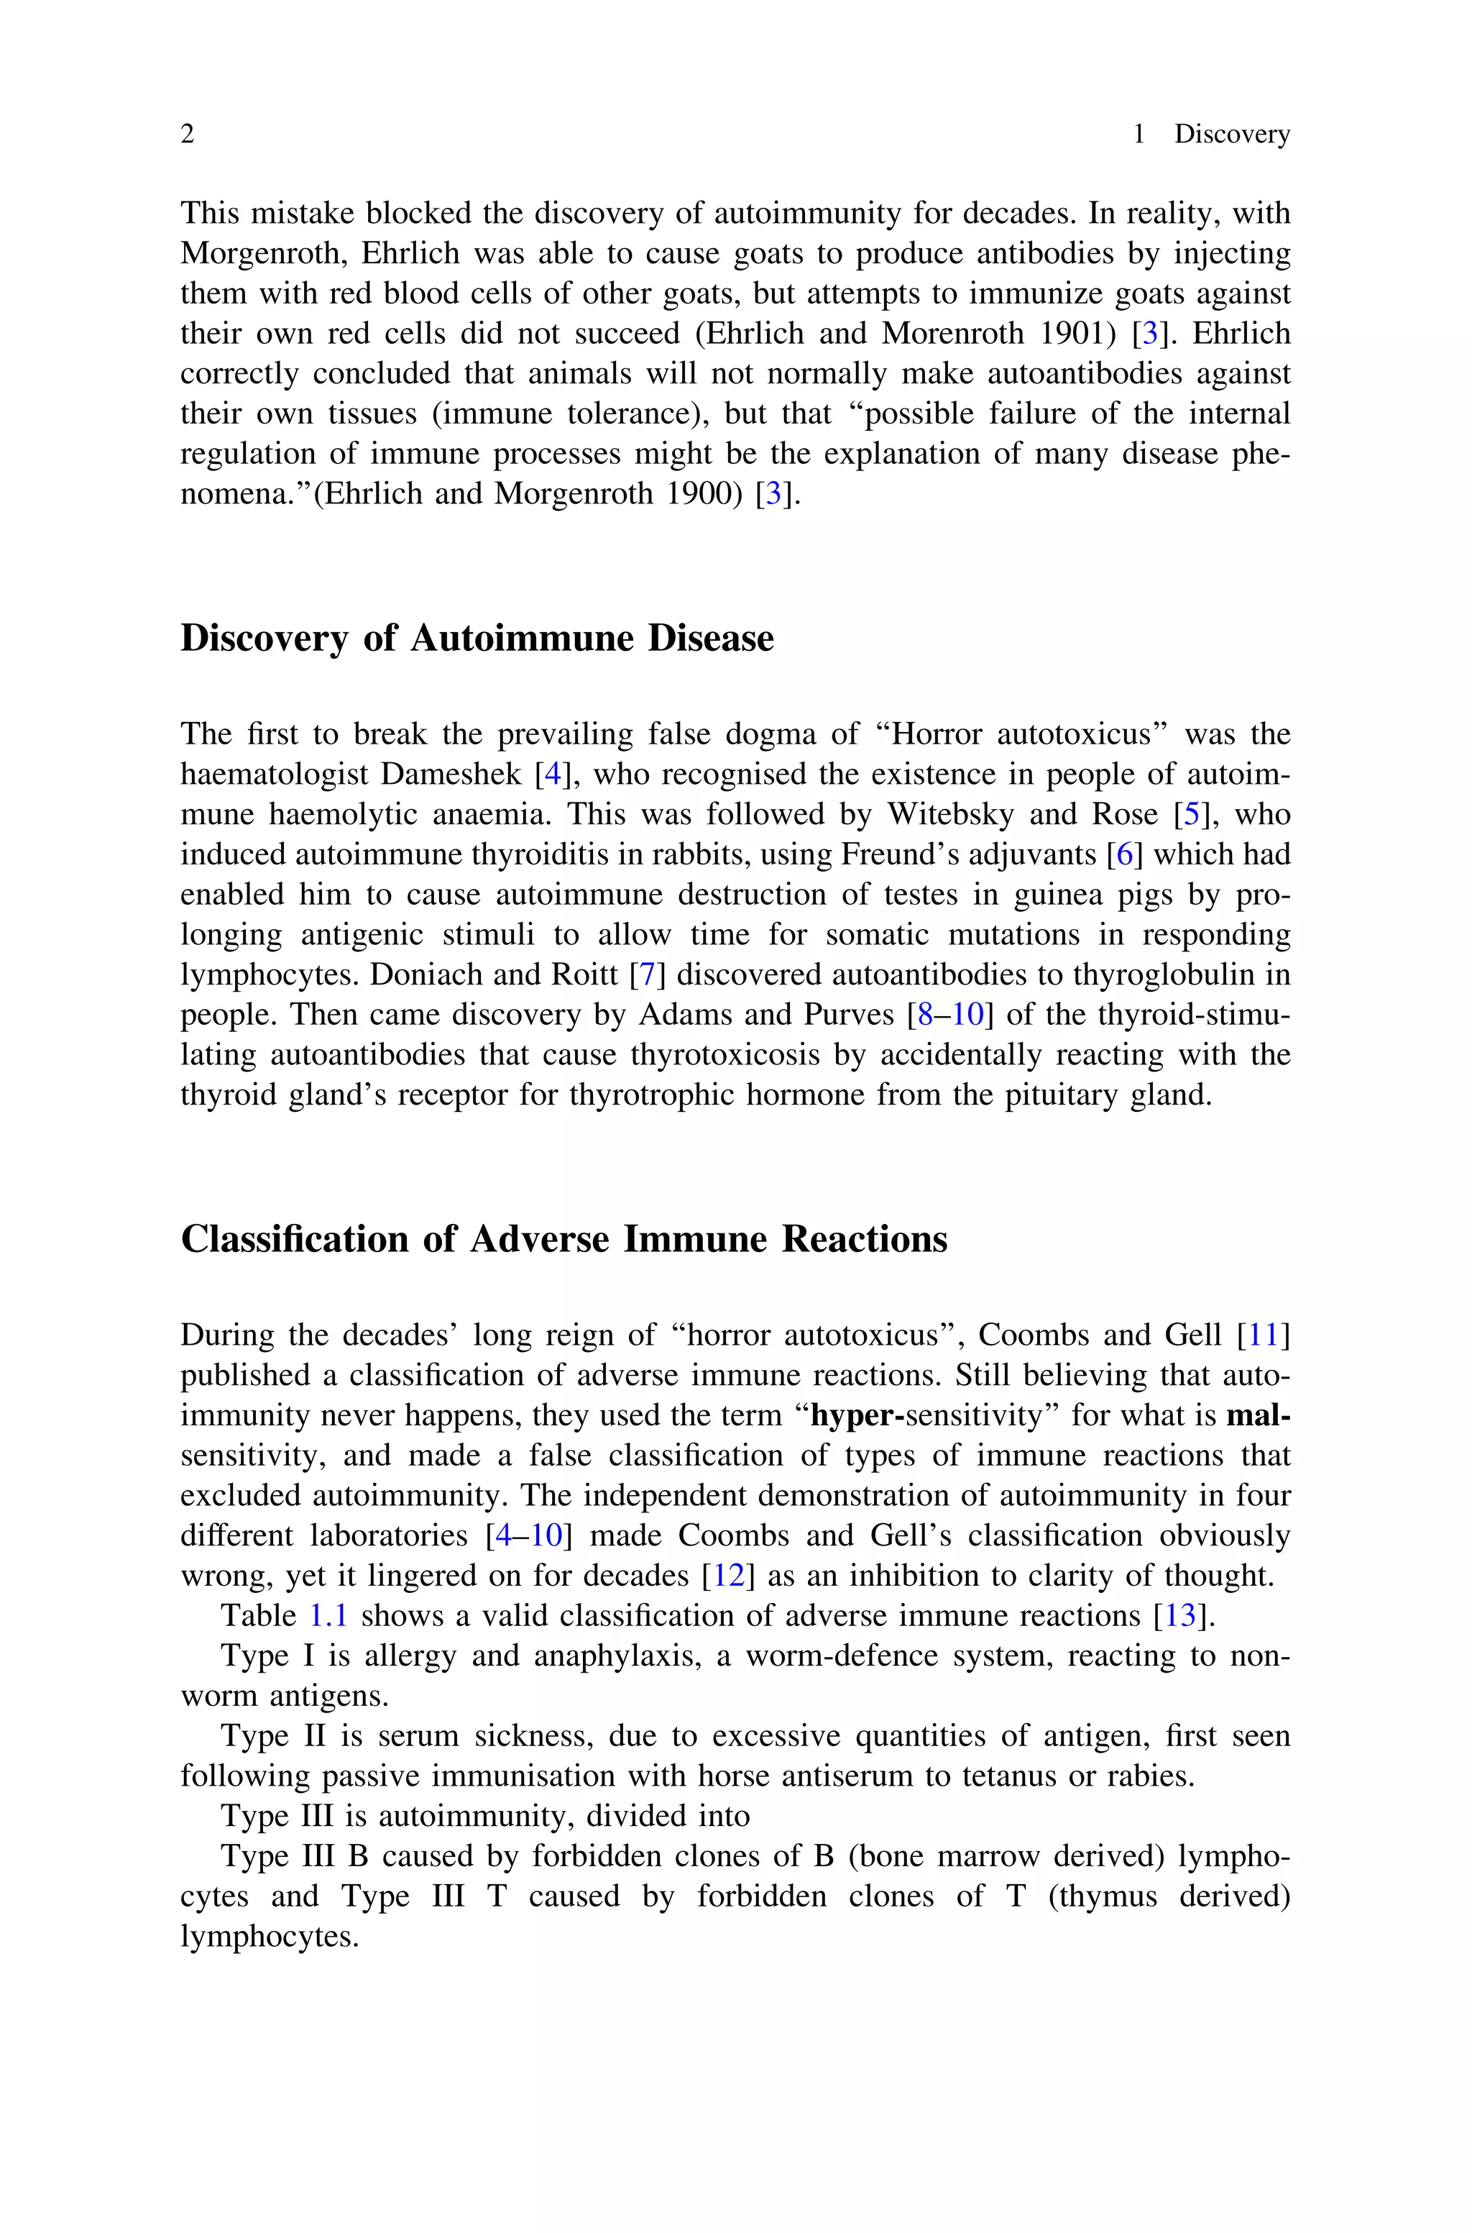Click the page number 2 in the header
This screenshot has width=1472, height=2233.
[x=187, y=134]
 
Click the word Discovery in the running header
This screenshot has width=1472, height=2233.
[x=1232, y=134]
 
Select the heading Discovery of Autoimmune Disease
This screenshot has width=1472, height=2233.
[x=477, y=639]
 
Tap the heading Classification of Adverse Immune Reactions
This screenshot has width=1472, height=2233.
[x=563, y=1240]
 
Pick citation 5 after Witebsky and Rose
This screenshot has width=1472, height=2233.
[x=1190, y=814]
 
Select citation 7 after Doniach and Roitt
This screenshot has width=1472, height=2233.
[x=647, y=974]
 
